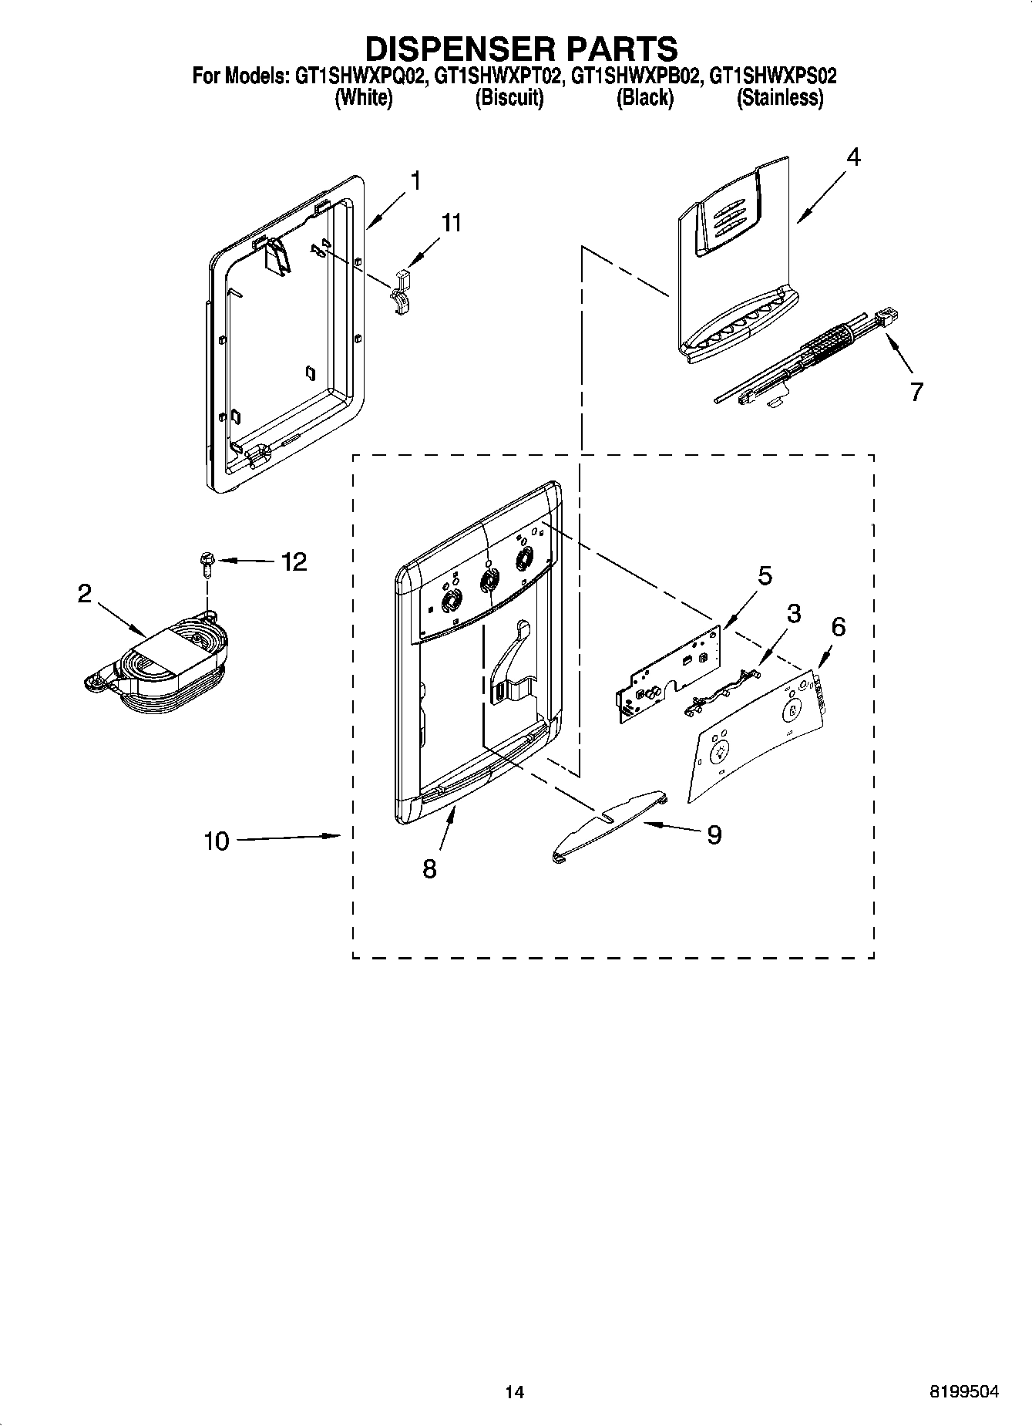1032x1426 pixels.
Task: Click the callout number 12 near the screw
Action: tap(294, 561)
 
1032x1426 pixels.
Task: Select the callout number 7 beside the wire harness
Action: tap(916, 393)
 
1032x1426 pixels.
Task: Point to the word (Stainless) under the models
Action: tap(779, 98)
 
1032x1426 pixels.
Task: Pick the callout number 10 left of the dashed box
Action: tap(217, 841)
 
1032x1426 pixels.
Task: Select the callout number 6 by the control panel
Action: tap(838, 627)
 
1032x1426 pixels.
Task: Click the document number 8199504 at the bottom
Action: tap(963, 1391)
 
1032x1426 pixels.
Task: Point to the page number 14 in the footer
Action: tap(514, 1392)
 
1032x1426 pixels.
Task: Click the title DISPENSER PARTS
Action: tap(521, 48)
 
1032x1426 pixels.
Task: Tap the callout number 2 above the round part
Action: tap(85, 592)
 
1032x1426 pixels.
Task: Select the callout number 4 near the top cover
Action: tap(852, 157)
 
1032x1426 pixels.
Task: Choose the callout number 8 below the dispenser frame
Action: tap(429, 869)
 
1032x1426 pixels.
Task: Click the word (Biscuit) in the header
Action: tap(509, 98)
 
